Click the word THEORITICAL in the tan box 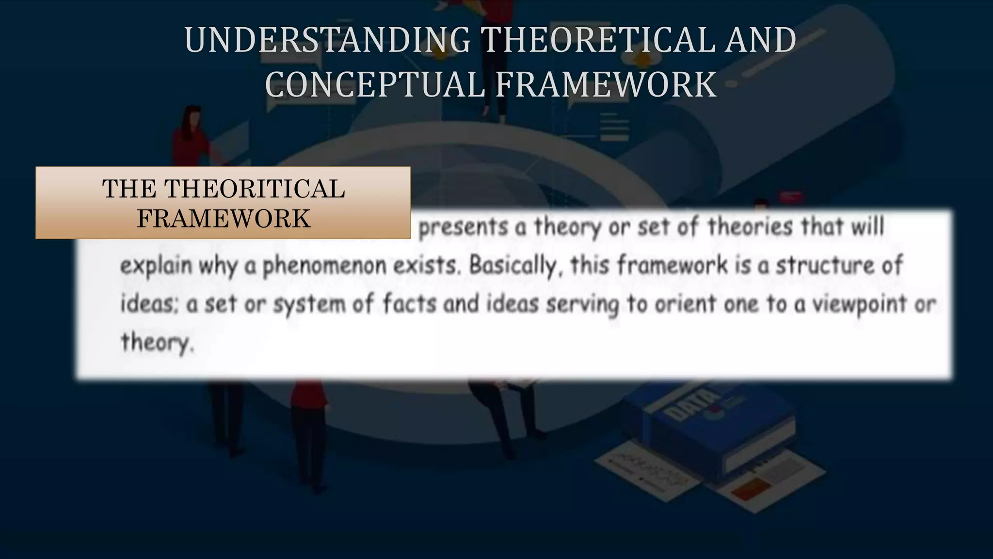pos(255,189)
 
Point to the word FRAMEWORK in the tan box pos(224,218)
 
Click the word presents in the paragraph pos(463,227)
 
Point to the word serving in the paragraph pos(582,304)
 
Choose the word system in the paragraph pos(309,305)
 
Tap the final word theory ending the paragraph pos(156,342)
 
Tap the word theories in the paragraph pos(750,227)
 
